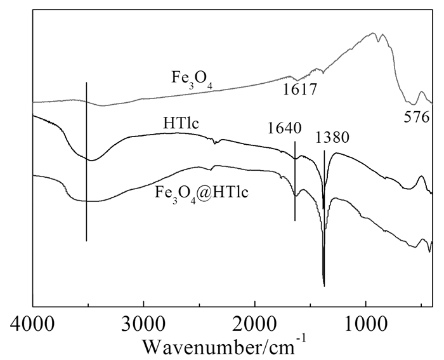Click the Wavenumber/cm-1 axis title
point(225,345)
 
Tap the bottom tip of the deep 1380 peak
point(324,285)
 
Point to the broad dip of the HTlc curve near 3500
point(91,160)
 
